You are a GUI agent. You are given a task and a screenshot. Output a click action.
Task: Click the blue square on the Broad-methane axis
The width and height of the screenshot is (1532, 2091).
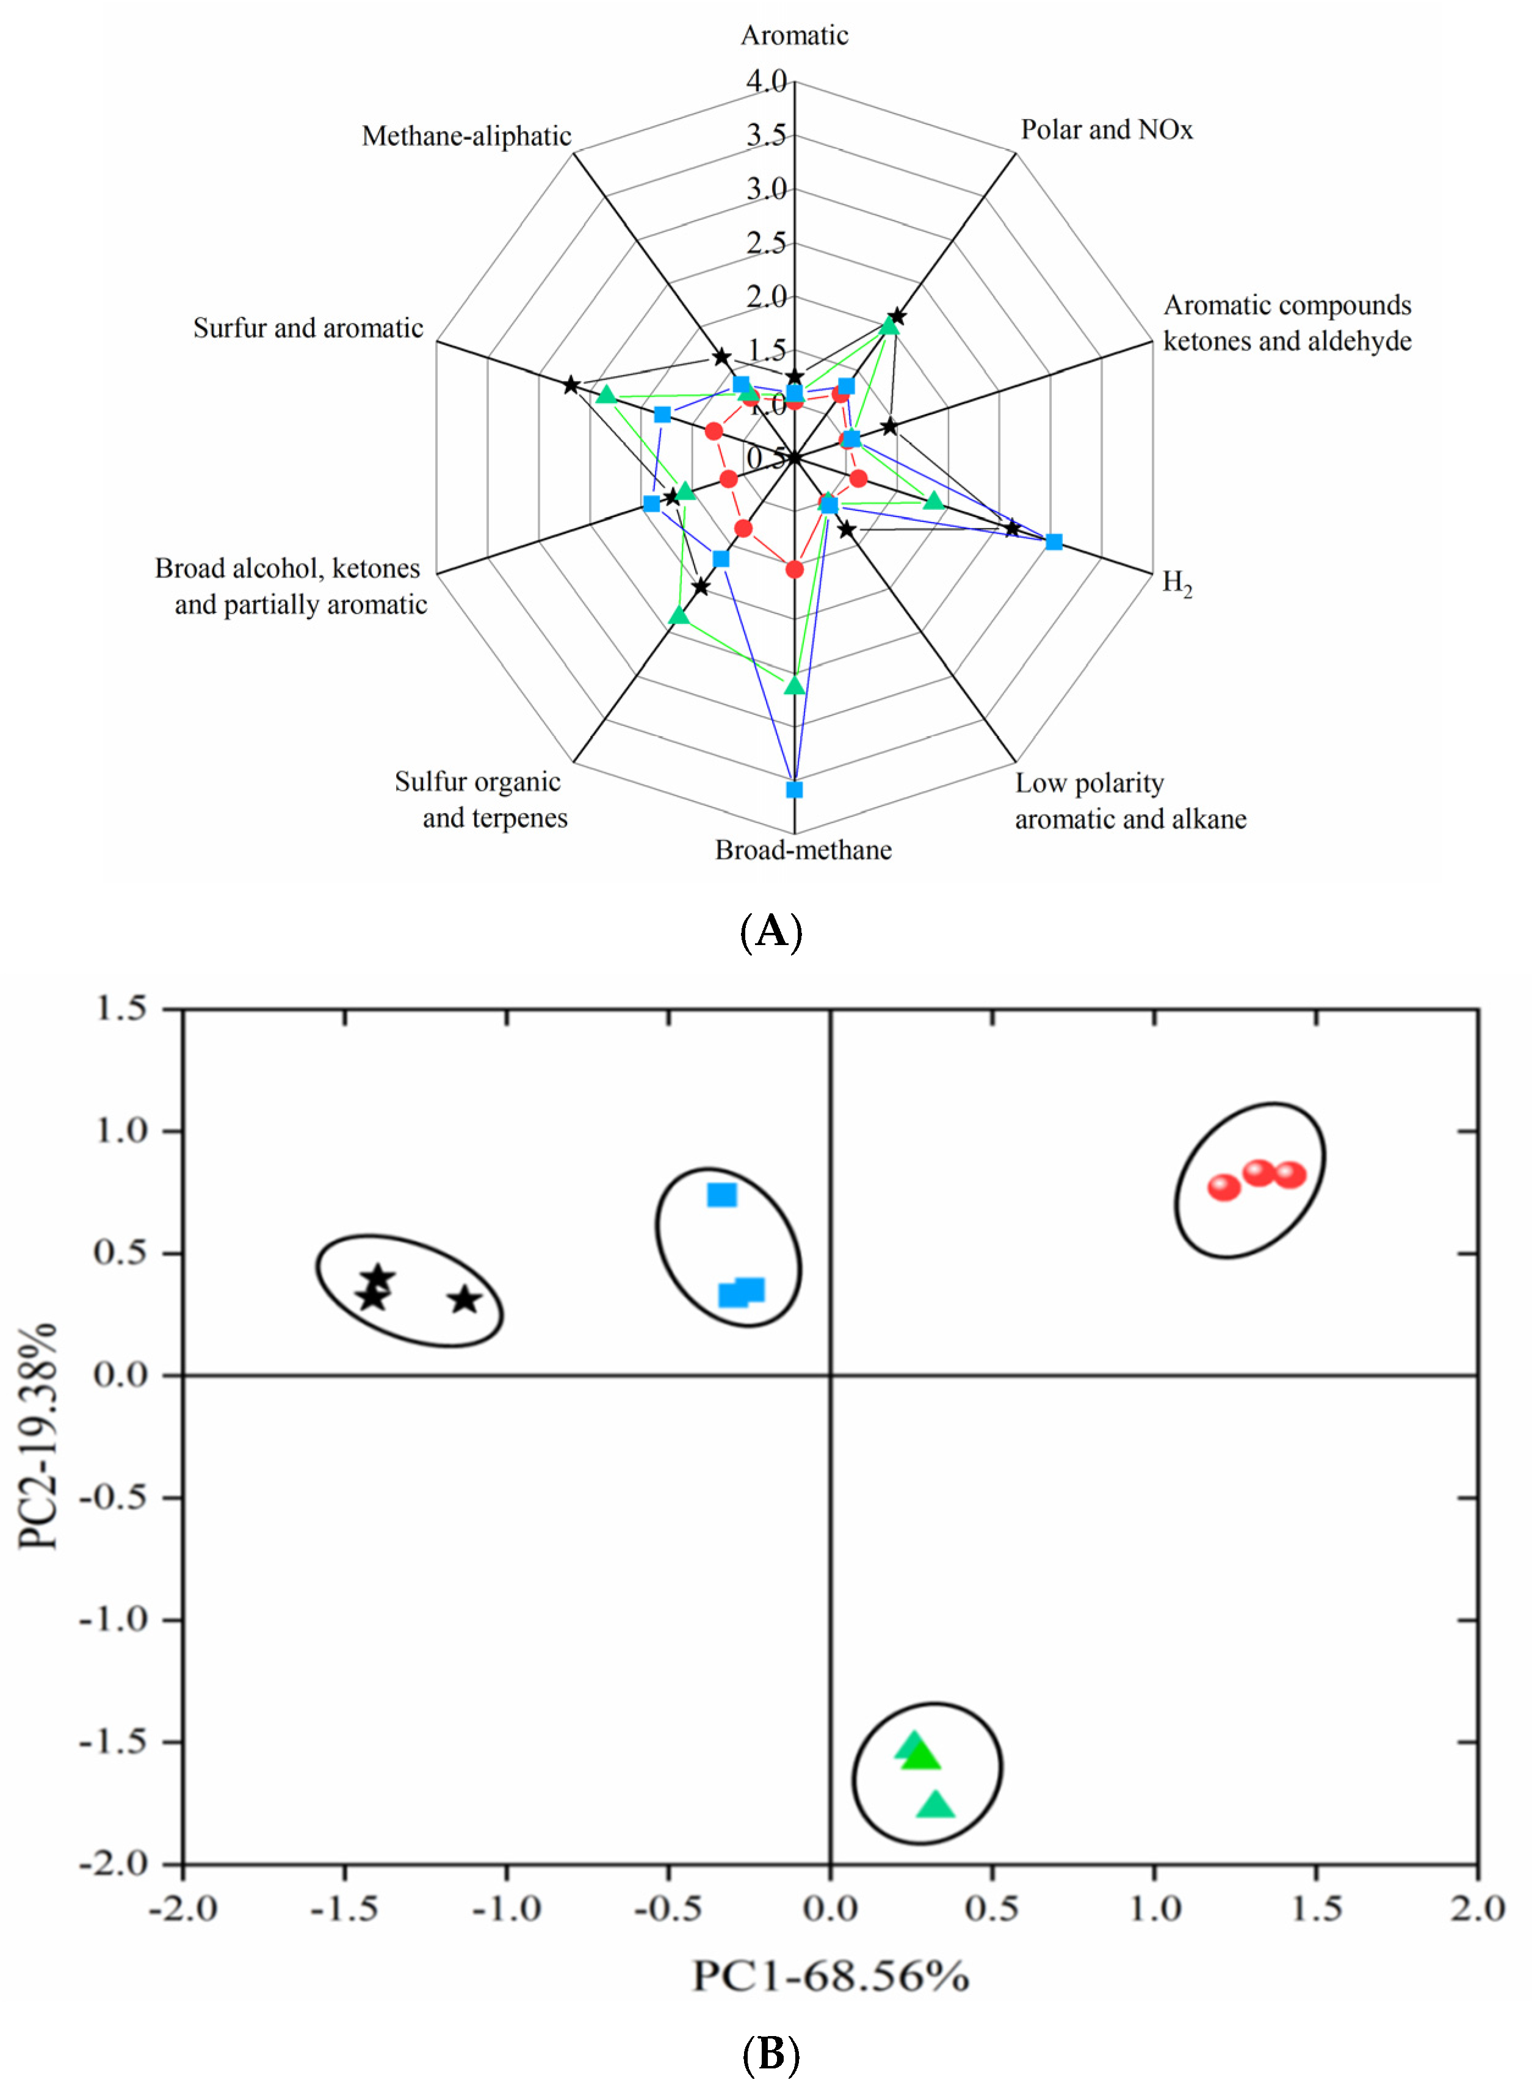tap(794, 789)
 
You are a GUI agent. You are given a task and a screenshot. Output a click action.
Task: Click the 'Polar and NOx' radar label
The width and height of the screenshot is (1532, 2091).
tap(1107, 130)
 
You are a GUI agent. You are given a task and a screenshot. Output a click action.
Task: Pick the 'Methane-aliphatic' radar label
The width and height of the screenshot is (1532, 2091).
tap(466, 136)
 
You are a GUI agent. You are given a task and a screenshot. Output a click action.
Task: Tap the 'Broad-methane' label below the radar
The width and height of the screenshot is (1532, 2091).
tap(803, 850)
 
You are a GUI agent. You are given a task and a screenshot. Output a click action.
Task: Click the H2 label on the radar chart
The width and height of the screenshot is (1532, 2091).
tap(1177, 582)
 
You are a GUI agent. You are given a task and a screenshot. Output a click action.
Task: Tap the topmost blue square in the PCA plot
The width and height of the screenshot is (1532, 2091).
tap(721, 1195)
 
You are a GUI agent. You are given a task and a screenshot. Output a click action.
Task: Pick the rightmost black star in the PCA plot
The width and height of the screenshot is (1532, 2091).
tap(466, 1300)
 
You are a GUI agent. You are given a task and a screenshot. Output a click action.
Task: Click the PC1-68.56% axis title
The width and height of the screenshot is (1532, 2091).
tap(831, 1977)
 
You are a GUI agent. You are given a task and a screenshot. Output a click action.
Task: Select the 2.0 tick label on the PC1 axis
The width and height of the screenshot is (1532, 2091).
tap(1477, 1909)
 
